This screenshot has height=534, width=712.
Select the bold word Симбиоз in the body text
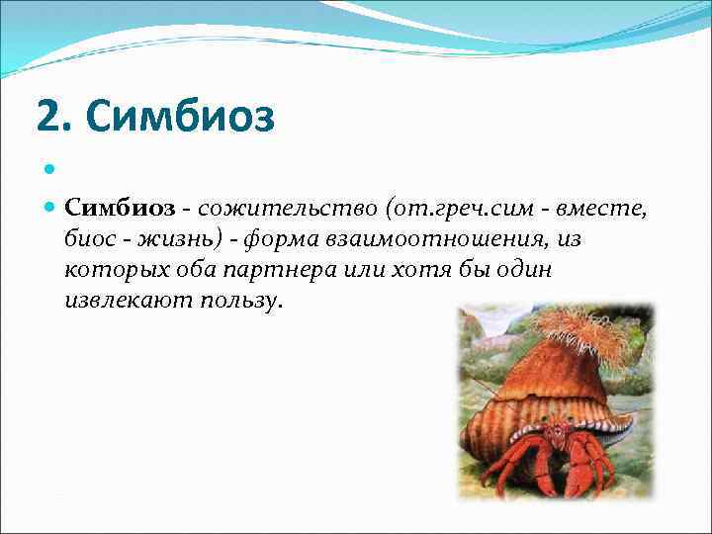pyautogui.click(x=119, y=209)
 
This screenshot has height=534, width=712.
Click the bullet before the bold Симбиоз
pyautogui.click(x=51, y=209)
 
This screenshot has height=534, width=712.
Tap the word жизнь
pyautogui.click(x=178, y=239)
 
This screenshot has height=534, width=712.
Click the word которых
pyautogui.click(x=111, y=270)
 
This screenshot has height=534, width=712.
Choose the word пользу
pyautogui.click(x=238, y=301)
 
